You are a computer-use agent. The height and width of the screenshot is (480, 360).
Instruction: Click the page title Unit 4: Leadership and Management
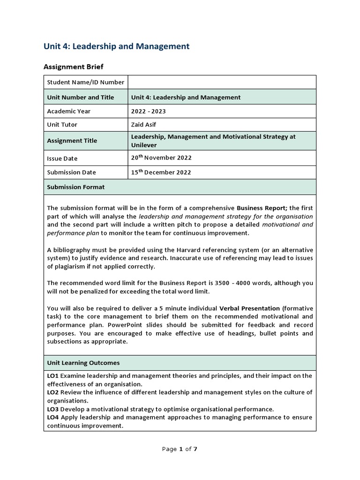[x=116, y=46]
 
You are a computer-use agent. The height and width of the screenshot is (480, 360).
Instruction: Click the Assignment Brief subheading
[x=74, y=67]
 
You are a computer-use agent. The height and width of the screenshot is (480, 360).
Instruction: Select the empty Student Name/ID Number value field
[x=222, y=82]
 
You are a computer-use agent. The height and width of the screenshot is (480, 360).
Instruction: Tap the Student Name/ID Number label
[x=86, y=82]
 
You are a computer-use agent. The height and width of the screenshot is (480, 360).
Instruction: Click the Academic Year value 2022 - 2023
[x=148, y=111]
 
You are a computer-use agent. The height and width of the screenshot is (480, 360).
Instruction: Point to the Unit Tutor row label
[x=62, y=125]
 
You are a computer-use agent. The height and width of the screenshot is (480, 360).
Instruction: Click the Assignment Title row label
[x=72, y=141]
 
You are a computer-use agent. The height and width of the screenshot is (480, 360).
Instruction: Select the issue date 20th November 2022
[x=161, y=158]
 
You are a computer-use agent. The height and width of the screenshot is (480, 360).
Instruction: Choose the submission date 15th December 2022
[x=161, y=172]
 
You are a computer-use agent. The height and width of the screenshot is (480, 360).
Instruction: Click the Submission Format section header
[x=76, y=187]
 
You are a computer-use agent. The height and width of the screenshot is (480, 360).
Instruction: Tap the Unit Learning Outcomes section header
[x=83, y=363]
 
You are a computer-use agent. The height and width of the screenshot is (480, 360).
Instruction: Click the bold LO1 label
[x=52, y=376]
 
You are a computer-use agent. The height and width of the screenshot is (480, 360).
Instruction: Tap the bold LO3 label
[x=52, y=409]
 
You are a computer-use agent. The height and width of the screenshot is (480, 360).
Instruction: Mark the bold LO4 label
[x=52, y=417]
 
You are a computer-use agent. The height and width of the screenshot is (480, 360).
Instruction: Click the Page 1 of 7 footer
[x=180, y=449]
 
